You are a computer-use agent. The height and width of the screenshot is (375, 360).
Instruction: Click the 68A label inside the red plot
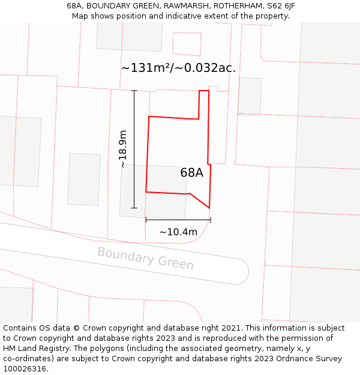191,173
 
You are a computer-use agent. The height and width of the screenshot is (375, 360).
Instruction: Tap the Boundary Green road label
145,259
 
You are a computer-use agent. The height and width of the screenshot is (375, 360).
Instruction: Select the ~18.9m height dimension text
123,149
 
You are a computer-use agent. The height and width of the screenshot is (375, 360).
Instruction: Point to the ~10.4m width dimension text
178,232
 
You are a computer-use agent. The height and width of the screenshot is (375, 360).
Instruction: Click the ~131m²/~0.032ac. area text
178,68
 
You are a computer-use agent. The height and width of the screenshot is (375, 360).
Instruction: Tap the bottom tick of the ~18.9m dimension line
134,208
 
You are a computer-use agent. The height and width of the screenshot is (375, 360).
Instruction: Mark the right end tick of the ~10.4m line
211,220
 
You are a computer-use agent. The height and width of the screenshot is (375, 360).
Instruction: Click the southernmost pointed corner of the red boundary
209,208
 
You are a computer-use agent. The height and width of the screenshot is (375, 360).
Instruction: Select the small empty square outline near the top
187,44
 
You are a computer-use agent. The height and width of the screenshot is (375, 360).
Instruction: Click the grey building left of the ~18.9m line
84,179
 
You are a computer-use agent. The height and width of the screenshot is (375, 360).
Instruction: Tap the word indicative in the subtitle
178,16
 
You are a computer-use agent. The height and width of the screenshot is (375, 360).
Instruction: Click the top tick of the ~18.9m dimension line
134,91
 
